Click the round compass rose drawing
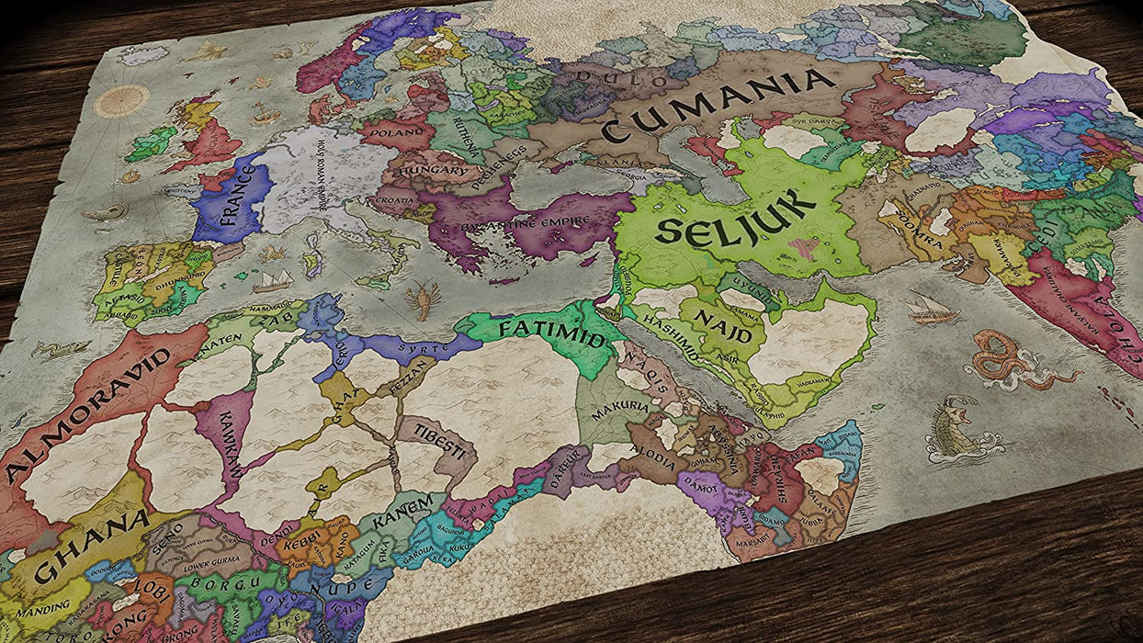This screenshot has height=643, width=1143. click(x=121, y=100)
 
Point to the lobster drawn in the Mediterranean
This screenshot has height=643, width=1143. click(x=422, y=299)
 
